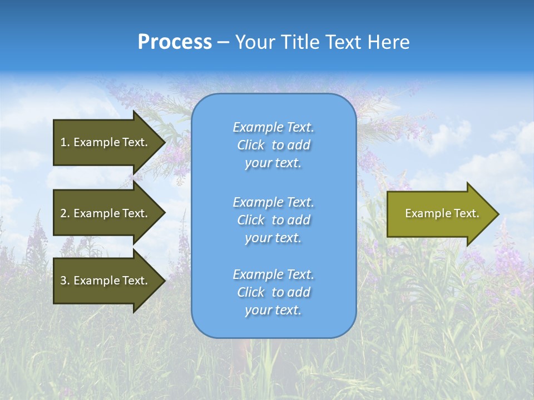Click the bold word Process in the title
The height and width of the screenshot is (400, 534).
tap(175, 42)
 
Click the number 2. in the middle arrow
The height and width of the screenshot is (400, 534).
tap(65, 213)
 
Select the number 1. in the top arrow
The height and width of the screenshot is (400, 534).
tap(65, 142)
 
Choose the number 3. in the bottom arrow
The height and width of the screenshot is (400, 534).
tap(65, 281)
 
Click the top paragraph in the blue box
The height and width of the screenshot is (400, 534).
tap(273, 145)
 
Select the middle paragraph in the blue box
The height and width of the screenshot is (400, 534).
tap(273, 220)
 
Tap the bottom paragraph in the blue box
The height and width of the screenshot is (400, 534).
tap(273, 292)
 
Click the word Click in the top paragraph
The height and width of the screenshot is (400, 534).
tap(251, 145)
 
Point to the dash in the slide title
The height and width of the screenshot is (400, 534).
tap(223, 42)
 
